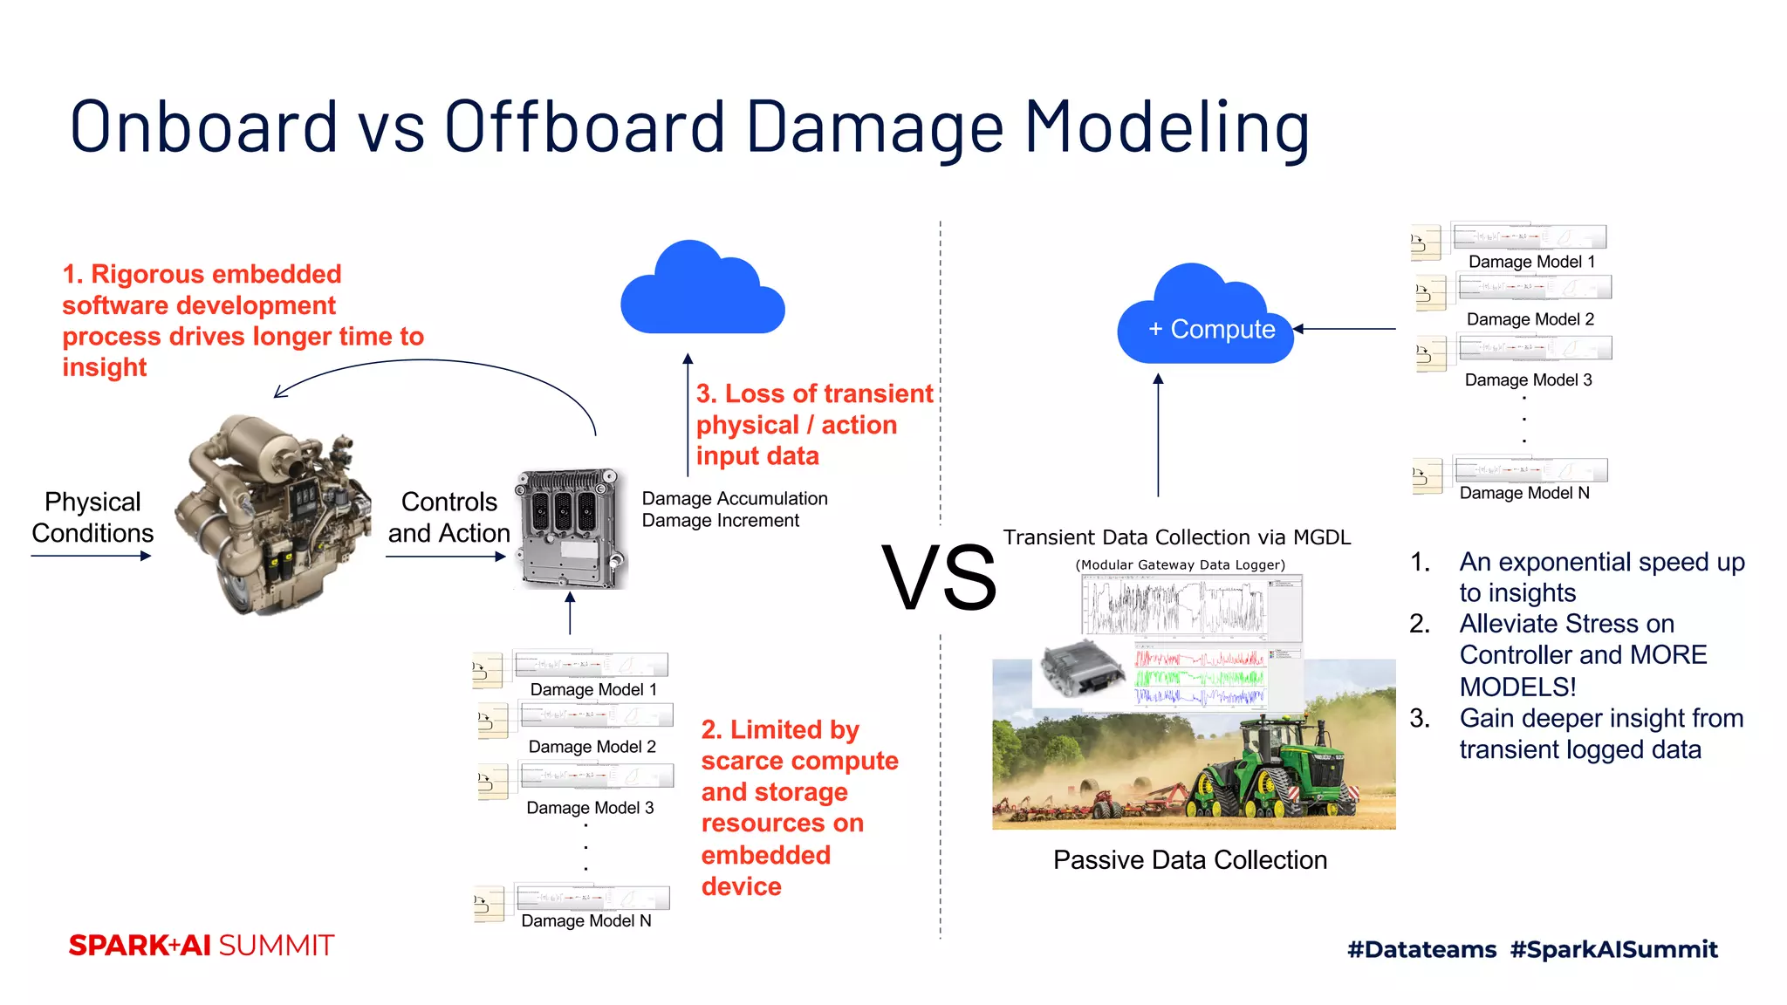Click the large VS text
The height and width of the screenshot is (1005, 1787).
tap(939, 578)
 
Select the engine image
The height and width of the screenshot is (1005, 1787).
tap(266, 515)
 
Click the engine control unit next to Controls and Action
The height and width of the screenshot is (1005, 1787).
tap(572, 529)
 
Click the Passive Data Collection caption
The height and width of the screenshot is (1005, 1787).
tap(1189, 860)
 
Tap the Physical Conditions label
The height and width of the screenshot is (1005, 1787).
tap(92, 517)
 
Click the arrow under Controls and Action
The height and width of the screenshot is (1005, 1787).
tap(445, 557)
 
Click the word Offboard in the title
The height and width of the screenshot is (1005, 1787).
tap(585, 126)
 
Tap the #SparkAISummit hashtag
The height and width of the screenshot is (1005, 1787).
tap(1613, 949)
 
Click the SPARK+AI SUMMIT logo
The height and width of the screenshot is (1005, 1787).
tap(202, 946)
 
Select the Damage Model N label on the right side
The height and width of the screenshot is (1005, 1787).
tap(1524, 493)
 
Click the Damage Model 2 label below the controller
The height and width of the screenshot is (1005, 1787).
tap(592, 747)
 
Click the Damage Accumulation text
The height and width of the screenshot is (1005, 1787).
tap(735, 498)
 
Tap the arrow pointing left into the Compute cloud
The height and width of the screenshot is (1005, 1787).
tap(1344, 329)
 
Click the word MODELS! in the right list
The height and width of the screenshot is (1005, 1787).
tap(1517, 687)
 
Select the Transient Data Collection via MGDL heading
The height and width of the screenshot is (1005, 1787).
tap(1176, 537)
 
